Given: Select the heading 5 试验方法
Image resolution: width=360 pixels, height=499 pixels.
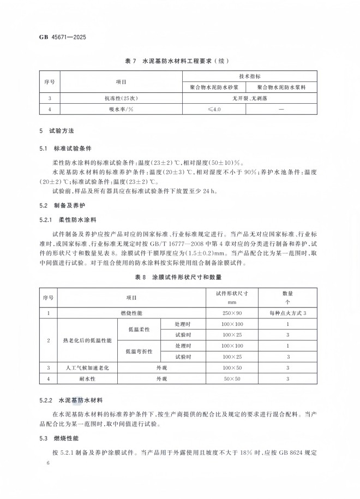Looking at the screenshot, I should click(60, 132).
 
